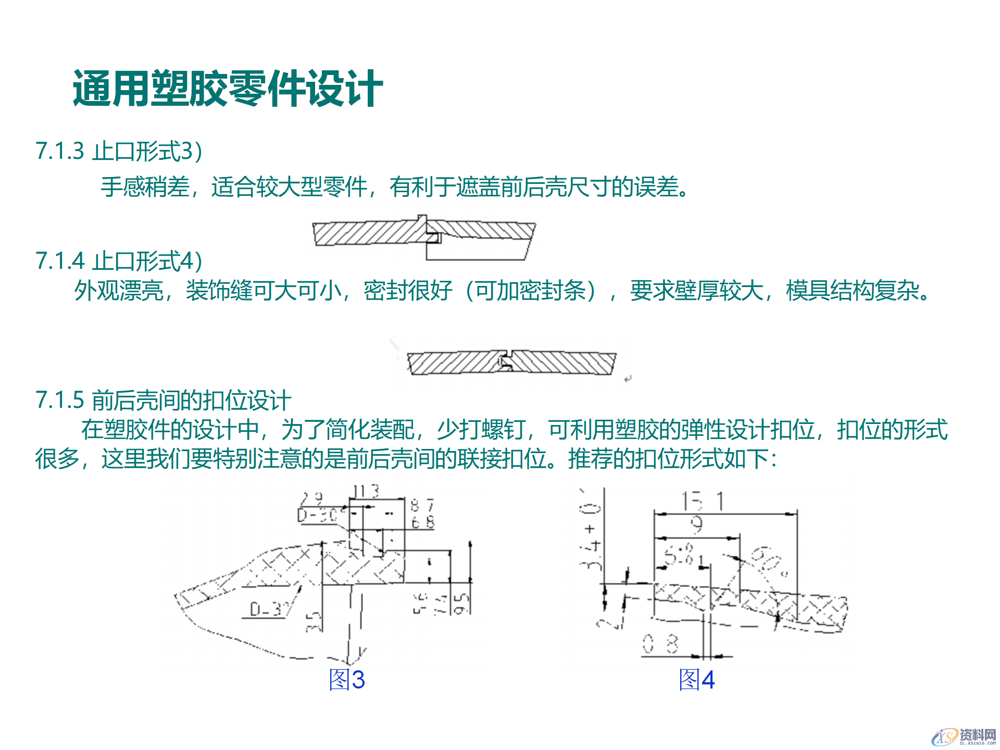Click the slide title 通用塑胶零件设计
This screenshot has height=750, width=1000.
click(x=228, y=89)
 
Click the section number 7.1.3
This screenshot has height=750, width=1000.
click(x=59, y=151)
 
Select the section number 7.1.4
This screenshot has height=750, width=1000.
click(x=59, y=261)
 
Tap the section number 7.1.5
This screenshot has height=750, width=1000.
click(x=59, y=400)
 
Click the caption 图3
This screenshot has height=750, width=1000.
click(x=347, y=680)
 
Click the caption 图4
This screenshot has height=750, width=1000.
click(x=696, y=680)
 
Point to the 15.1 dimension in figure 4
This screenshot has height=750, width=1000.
click(x=703, y=502)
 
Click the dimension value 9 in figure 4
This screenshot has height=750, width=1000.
click(x=697, y=525)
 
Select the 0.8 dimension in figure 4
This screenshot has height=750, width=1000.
click(x=660, y=644)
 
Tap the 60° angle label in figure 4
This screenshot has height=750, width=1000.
click(x=769, y=561)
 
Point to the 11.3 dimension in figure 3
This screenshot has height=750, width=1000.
click(x=366, y=491)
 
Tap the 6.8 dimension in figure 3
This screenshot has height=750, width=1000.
click(x=422, y=522)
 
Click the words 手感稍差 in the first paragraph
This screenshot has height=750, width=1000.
click(x=145, y=186)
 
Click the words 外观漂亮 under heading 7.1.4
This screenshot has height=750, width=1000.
click(x=119, y=291)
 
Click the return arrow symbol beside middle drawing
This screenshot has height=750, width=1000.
click(x=628, y=379)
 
